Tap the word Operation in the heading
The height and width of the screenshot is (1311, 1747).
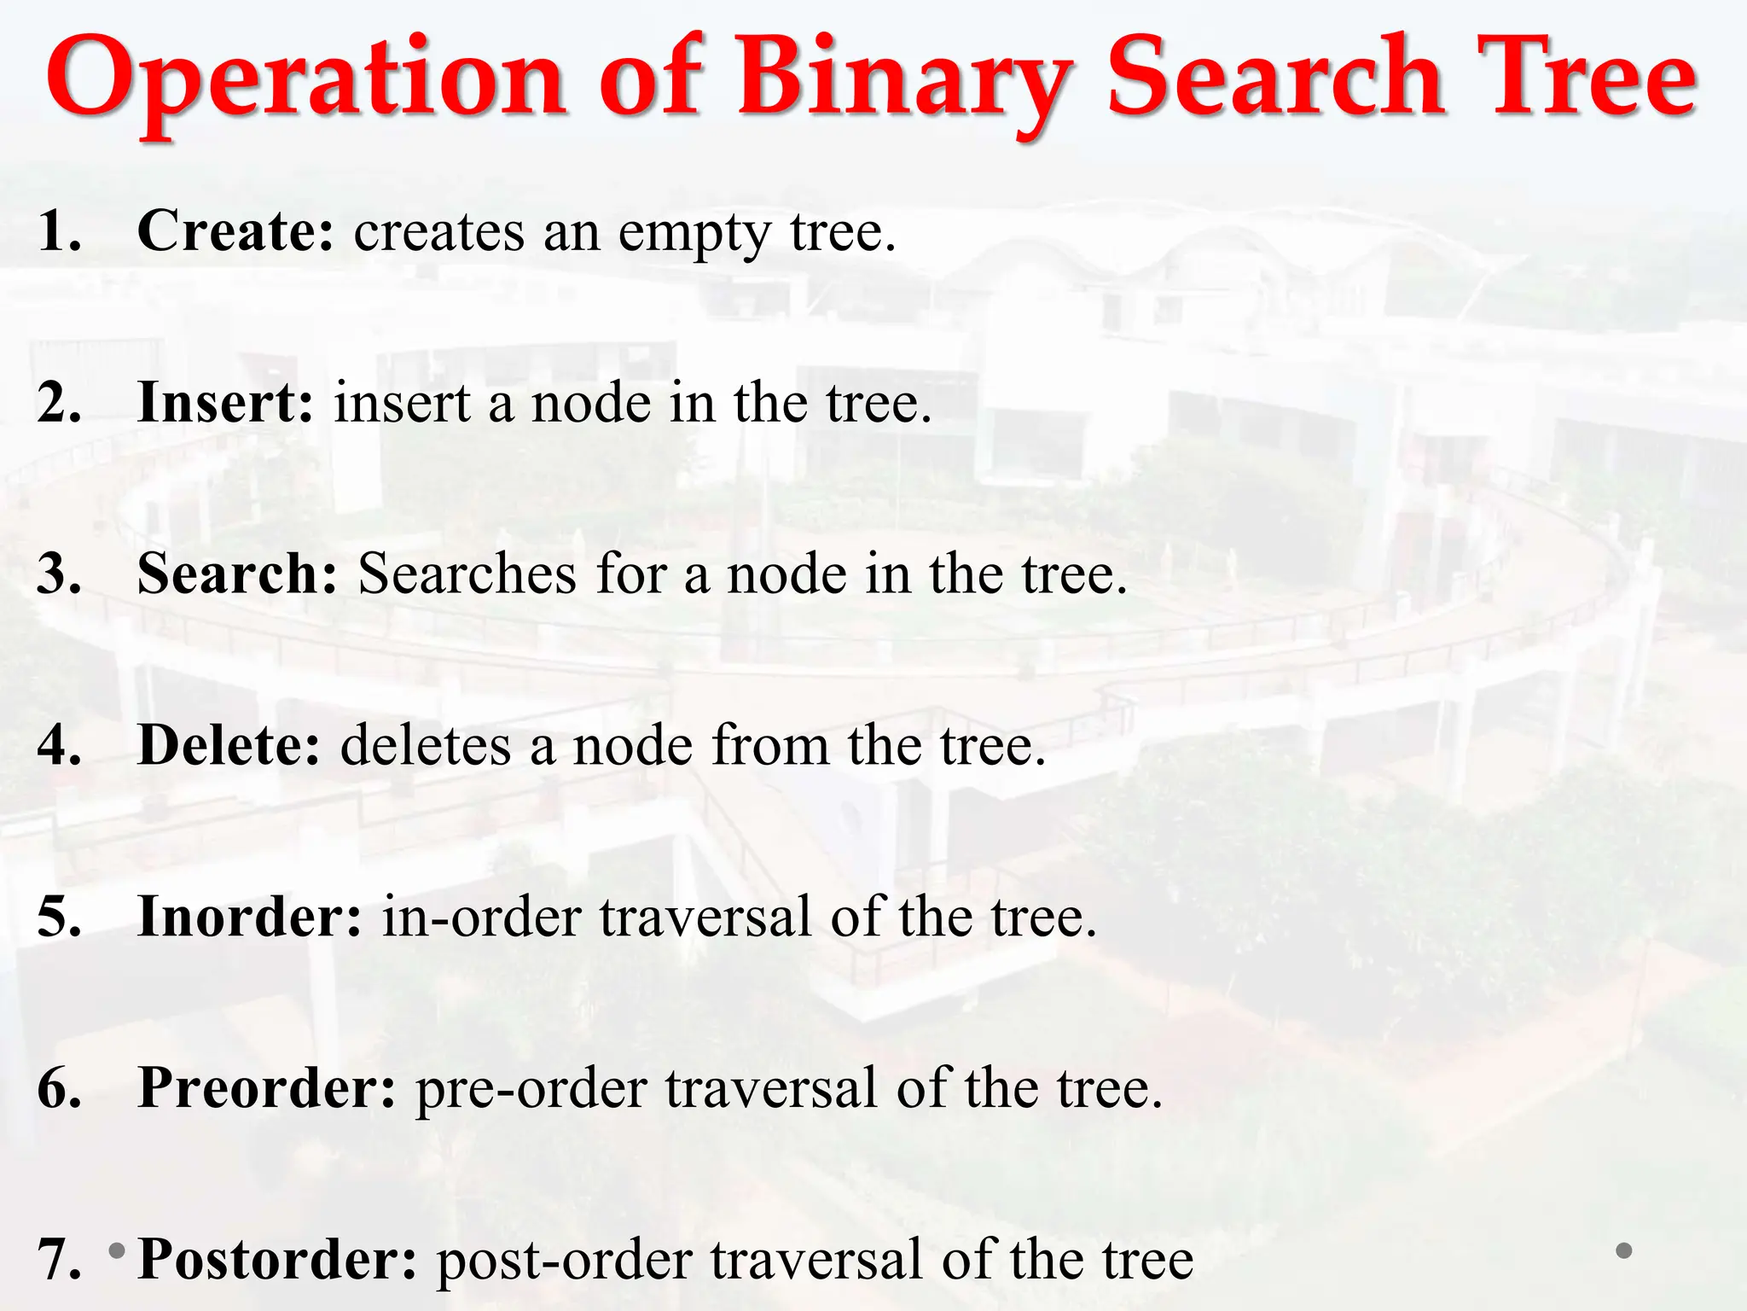(305, 79)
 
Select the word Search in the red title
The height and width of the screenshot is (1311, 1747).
(1274, 79)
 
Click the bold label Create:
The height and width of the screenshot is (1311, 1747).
(235, 231)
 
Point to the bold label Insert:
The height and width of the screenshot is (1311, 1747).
(225, 403)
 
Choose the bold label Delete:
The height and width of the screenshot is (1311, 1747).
(229, 746)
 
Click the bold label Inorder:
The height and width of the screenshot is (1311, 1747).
(250, 918)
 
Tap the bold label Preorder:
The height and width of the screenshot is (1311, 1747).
(267, 1089)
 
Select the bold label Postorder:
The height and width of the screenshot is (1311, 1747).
(277, 1260)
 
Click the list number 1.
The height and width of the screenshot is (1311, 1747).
(58, 231)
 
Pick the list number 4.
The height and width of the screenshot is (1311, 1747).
(58, 746)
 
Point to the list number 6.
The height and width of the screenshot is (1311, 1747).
(58, 1089)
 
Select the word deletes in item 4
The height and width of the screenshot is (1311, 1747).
(424, 746)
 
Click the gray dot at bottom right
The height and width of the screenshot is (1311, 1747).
(1624, 1251)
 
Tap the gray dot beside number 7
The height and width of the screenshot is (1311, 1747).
(117, 1251)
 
